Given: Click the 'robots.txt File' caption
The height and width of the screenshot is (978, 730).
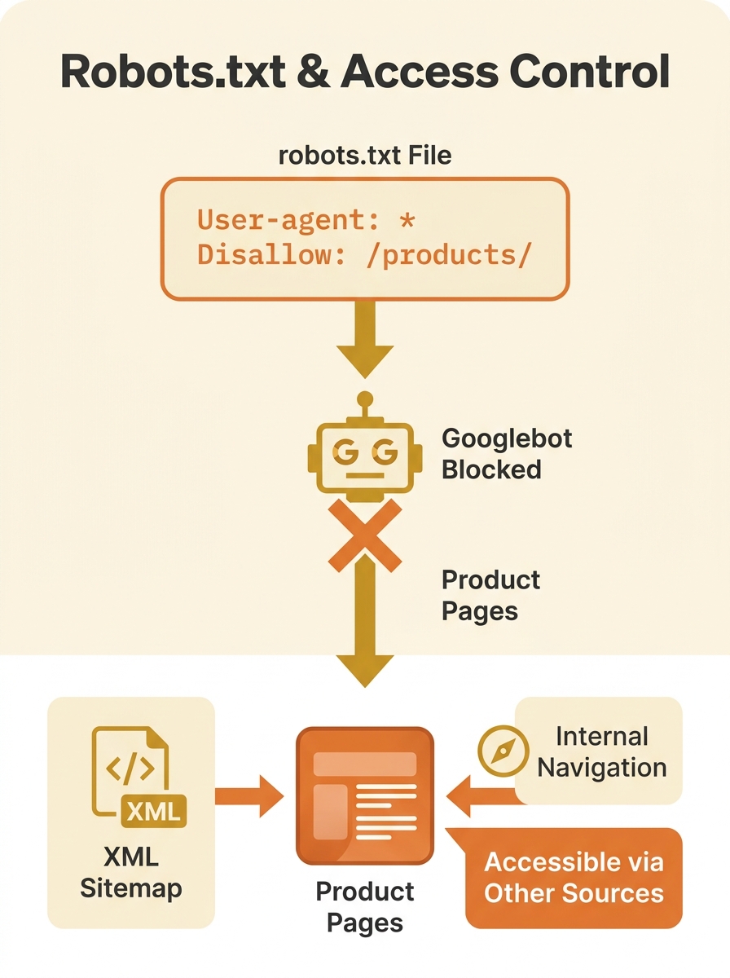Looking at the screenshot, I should [364, 155].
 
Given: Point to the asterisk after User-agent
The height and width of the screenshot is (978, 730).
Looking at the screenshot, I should [407, 219].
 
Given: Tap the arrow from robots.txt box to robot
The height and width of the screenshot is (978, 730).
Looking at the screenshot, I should [364, 341].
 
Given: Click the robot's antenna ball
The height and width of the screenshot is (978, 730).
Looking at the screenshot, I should [365, 399].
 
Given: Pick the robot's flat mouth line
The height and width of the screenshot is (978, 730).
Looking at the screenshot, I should [364, 474].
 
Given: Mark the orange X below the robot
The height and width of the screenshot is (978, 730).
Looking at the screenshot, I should [364, 535].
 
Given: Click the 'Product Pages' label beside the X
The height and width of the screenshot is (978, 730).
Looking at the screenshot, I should [490, 595].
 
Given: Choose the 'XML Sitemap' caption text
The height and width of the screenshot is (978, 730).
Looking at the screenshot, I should [131, 872].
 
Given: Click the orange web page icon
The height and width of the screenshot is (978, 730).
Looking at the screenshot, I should [364, 795].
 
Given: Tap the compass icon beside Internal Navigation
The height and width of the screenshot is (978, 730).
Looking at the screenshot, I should [499, 751].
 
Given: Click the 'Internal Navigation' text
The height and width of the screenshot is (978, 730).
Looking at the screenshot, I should [601, 751].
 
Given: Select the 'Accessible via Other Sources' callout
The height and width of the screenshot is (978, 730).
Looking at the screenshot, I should [574, 877].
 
